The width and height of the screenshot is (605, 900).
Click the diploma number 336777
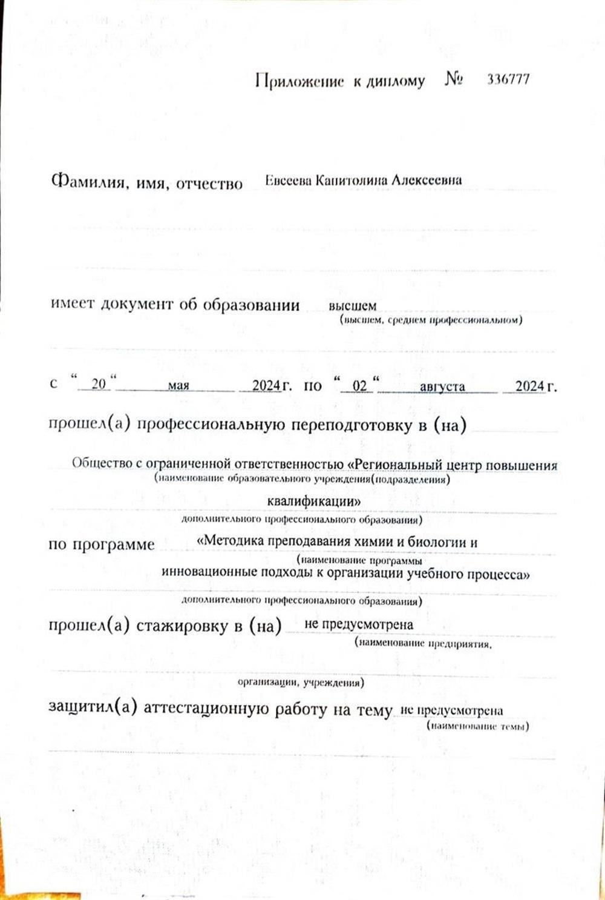(x=508, y=79)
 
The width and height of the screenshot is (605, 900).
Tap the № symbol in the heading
(x=454, y=79)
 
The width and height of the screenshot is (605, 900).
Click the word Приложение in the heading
(x=299, y=81)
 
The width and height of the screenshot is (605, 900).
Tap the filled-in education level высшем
(x=352, y=306)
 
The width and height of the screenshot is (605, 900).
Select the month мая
(x=178, y=385)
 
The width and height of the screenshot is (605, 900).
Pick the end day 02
(x=360, y=385)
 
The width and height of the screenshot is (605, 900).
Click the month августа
(x=442, y=386)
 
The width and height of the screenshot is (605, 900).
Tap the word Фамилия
(x=90, y=182)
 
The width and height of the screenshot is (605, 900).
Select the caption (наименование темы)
(x=478, y=726)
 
